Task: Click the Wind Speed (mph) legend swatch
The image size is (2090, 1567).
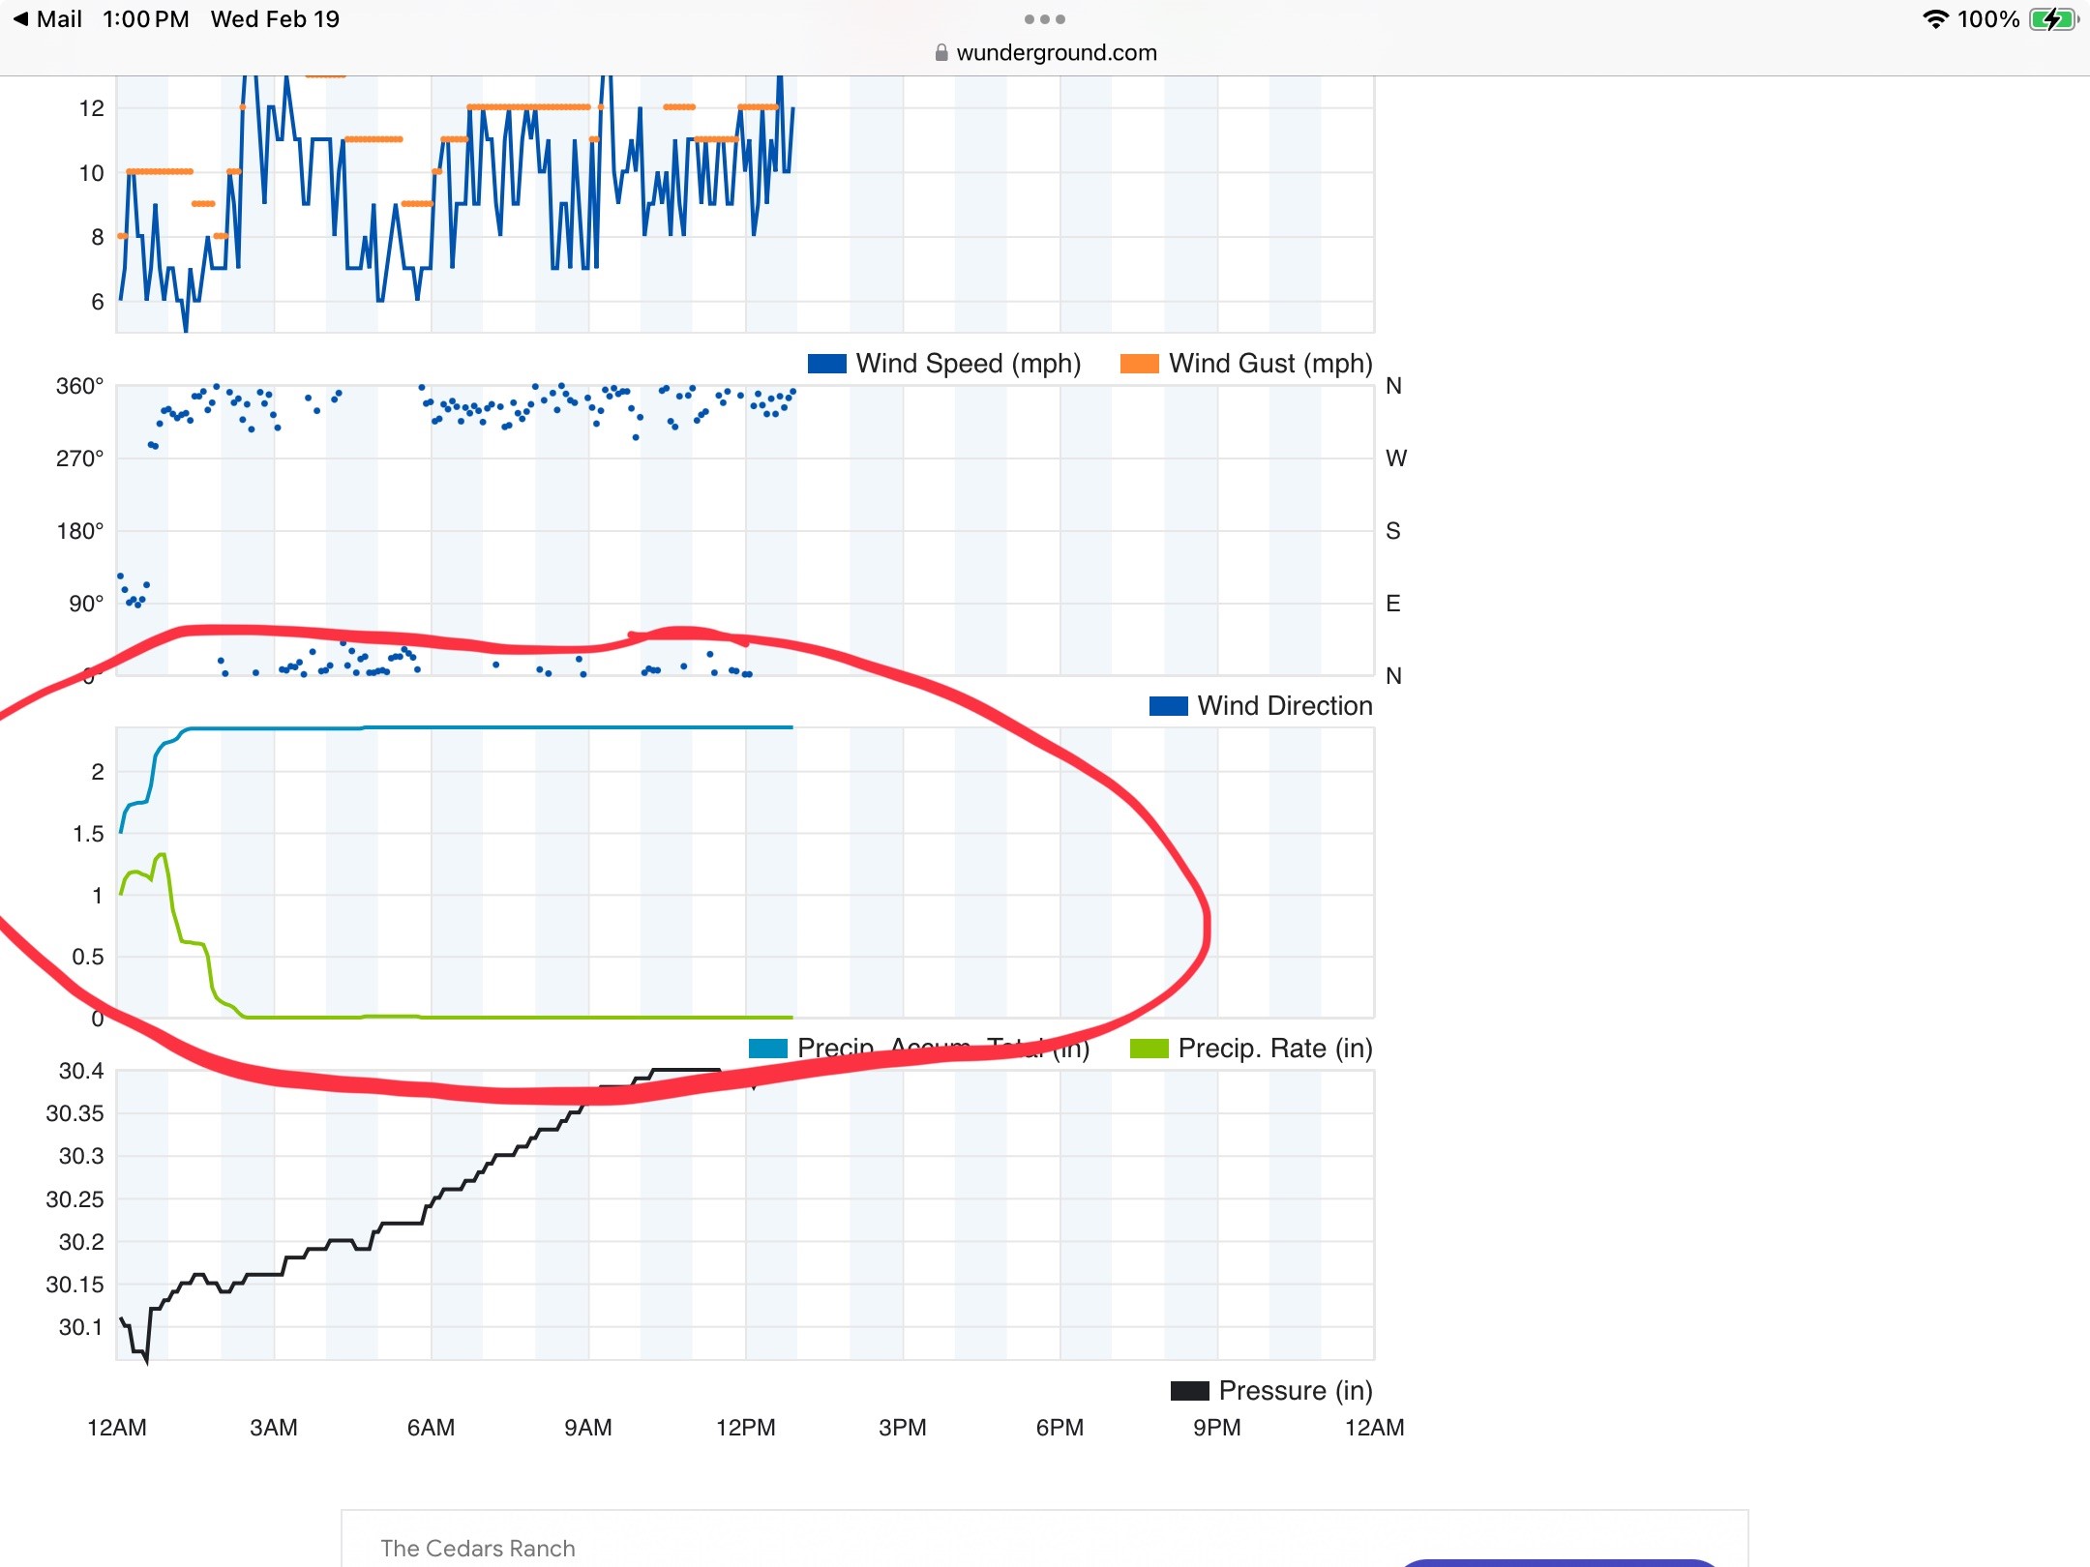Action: tap(826, 364)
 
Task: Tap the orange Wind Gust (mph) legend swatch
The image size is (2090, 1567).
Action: tap(1139, 364)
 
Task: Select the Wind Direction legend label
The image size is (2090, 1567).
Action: tap(1284, 706)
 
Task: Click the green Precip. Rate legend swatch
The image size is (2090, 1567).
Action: tap(1149, 1049)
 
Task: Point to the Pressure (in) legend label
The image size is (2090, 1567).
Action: tap(1295, 1391)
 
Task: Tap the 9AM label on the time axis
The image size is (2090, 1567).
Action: tap(588, 1428)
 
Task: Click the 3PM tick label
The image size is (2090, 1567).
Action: tap(903, 1428)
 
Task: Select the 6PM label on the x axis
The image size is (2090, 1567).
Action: tap(1060, 1428)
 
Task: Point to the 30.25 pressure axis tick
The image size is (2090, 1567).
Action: tap(75, 1199)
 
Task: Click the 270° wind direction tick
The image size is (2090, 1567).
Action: tap(79, 458)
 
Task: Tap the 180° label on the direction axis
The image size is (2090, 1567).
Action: tap(79, 531)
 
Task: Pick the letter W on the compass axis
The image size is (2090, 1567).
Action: tap(1396, 458)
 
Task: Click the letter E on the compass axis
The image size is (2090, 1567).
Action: tap(1393, 604)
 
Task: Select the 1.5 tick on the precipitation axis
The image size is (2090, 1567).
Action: tap(88, 834)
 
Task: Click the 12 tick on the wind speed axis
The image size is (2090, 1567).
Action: tap(91, 108)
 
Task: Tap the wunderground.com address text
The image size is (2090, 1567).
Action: tap(1056, 53)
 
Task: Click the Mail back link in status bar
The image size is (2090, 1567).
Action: tap(48, 19)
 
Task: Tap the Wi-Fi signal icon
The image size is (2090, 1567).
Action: tap(1935, 19)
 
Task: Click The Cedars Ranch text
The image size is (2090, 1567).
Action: tap(478, 1549)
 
